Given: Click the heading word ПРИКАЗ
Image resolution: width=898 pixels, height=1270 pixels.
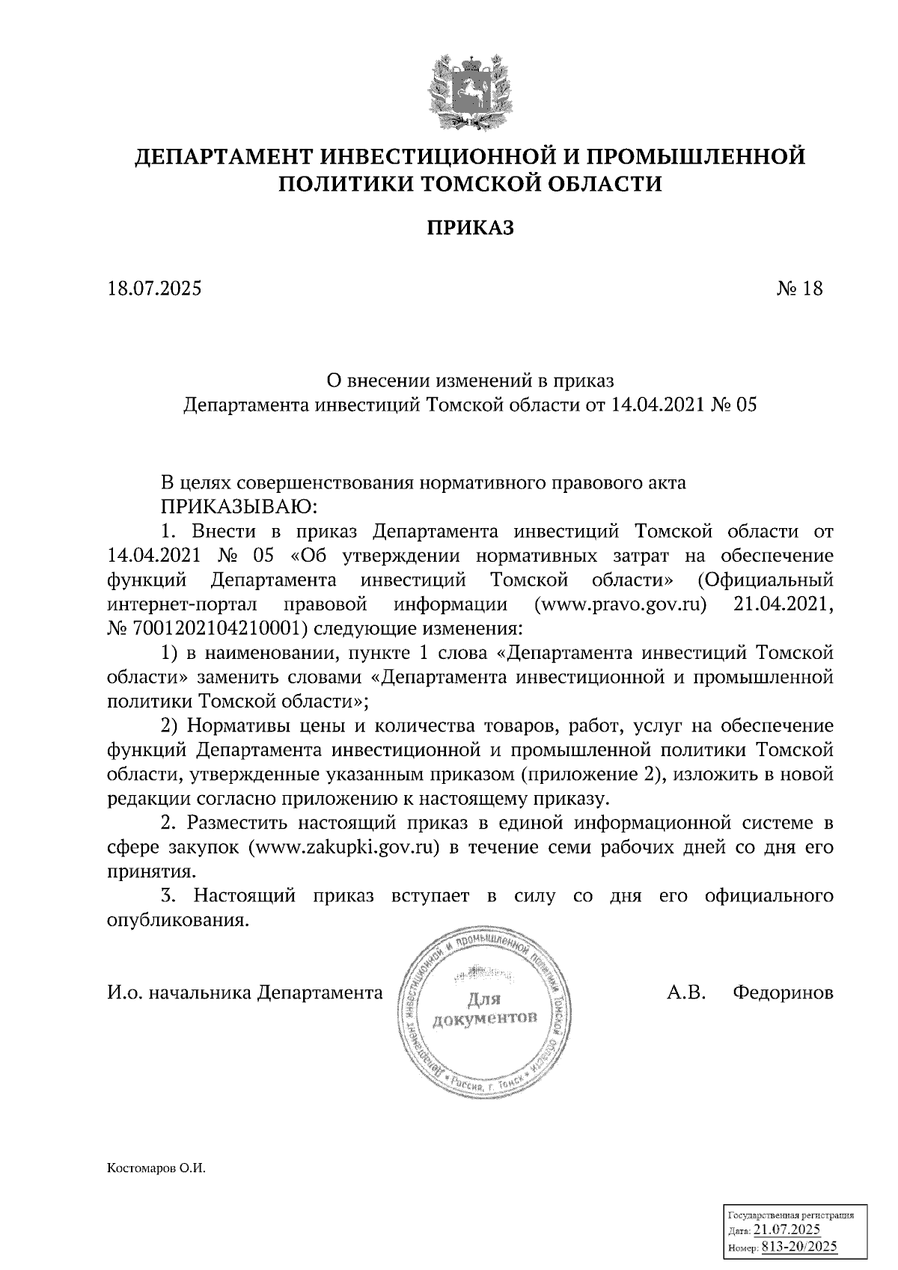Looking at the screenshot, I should (x=471, y=228).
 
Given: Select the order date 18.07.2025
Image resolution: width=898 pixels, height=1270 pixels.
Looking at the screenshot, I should (x=154, y=289).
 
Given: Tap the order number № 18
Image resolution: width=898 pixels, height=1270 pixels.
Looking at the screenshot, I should (x=799, y=289).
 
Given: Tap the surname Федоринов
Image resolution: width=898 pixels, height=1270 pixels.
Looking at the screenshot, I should (x=783, y=993).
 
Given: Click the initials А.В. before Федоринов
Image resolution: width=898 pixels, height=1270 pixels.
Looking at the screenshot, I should (x=685, y=993).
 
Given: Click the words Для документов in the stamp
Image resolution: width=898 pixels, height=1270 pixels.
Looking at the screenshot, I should (x=484, y=1009).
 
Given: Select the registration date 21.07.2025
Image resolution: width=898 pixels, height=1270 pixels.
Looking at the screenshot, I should (x=787, y=1231).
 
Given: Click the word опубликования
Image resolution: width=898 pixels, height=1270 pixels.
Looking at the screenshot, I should (x=177, y=920).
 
